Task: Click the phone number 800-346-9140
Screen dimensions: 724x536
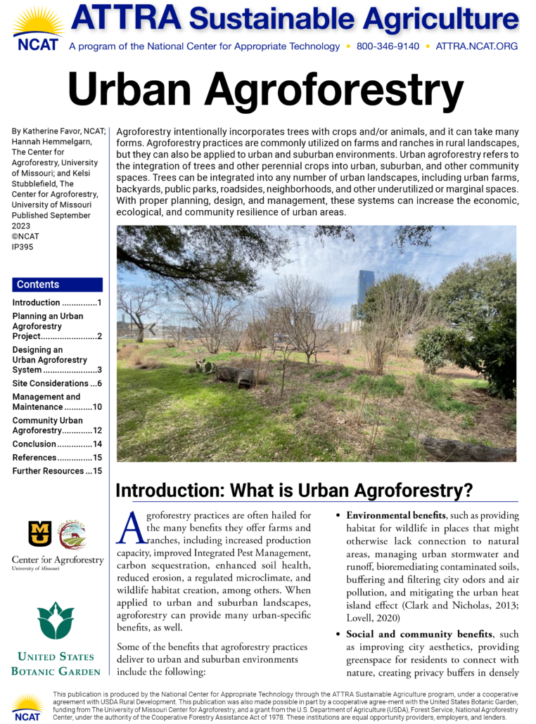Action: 388,46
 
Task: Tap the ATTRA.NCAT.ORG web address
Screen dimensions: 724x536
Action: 476,46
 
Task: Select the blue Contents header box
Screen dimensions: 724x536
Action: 57,285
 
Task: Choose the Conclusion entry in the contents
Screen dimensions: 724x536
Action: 34,444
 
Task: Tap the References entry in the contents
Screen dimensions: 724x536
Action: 34,457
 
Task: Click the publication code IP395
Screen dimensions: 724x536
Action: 23,247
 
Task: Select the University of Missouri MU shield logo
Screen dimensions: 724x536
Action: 40,534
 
